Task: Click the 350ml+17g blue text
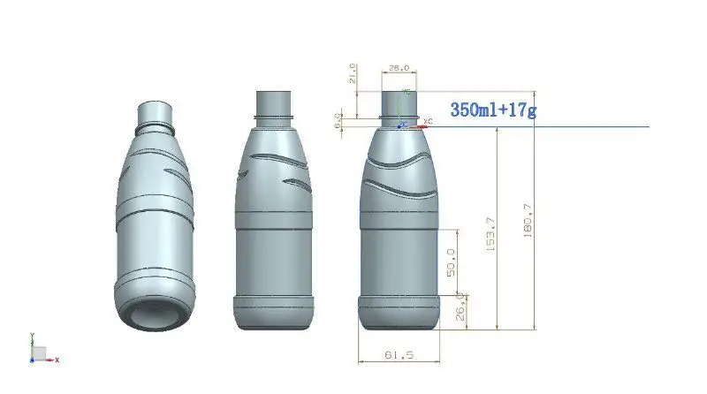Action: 494,110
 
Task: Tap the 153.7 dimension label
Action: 491,233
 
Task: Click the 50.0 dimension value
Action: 451,262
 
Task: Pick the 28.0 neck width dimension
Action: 399,67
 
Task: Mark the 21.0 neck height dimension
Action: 353,74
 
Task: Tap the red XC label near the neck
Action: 429,119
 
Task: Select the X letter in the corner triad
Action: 57,360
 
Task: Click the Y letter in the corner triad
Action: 32,336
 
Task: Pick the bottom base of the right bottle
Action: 399,312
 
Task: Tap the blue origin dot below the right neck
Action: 402,125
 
